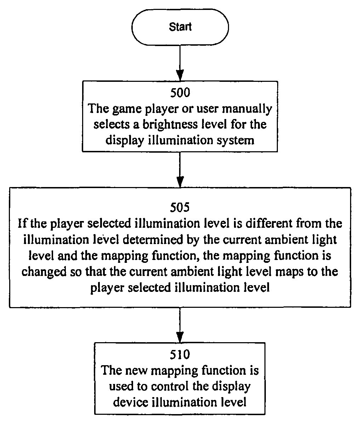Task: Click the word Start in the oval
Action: [180, 27]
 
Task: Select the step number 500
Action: [180, 92]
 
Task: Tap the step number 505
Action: [180, 207]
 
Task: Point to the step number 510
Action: [180, 354]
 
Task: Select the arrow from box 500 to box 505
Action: [180, 170]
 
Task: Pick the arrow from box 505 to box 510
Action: [180, 324]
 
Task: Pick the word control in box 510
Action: [171, 386]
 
